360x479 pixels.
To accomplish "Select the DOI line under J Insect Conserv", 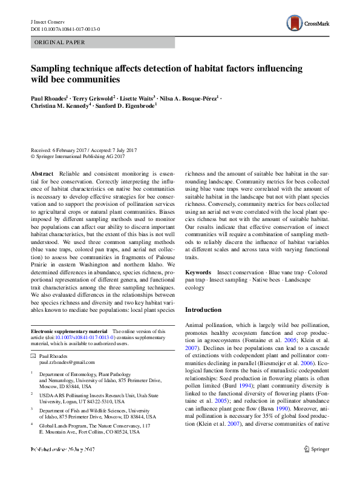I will point(65,28).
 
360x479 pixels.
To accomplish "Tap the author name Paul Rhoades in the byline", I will point(49,97).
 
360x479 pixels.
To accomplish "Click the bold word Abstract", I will point(42,174).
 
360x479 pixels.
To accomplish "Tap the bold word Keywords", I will point(198,273).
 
